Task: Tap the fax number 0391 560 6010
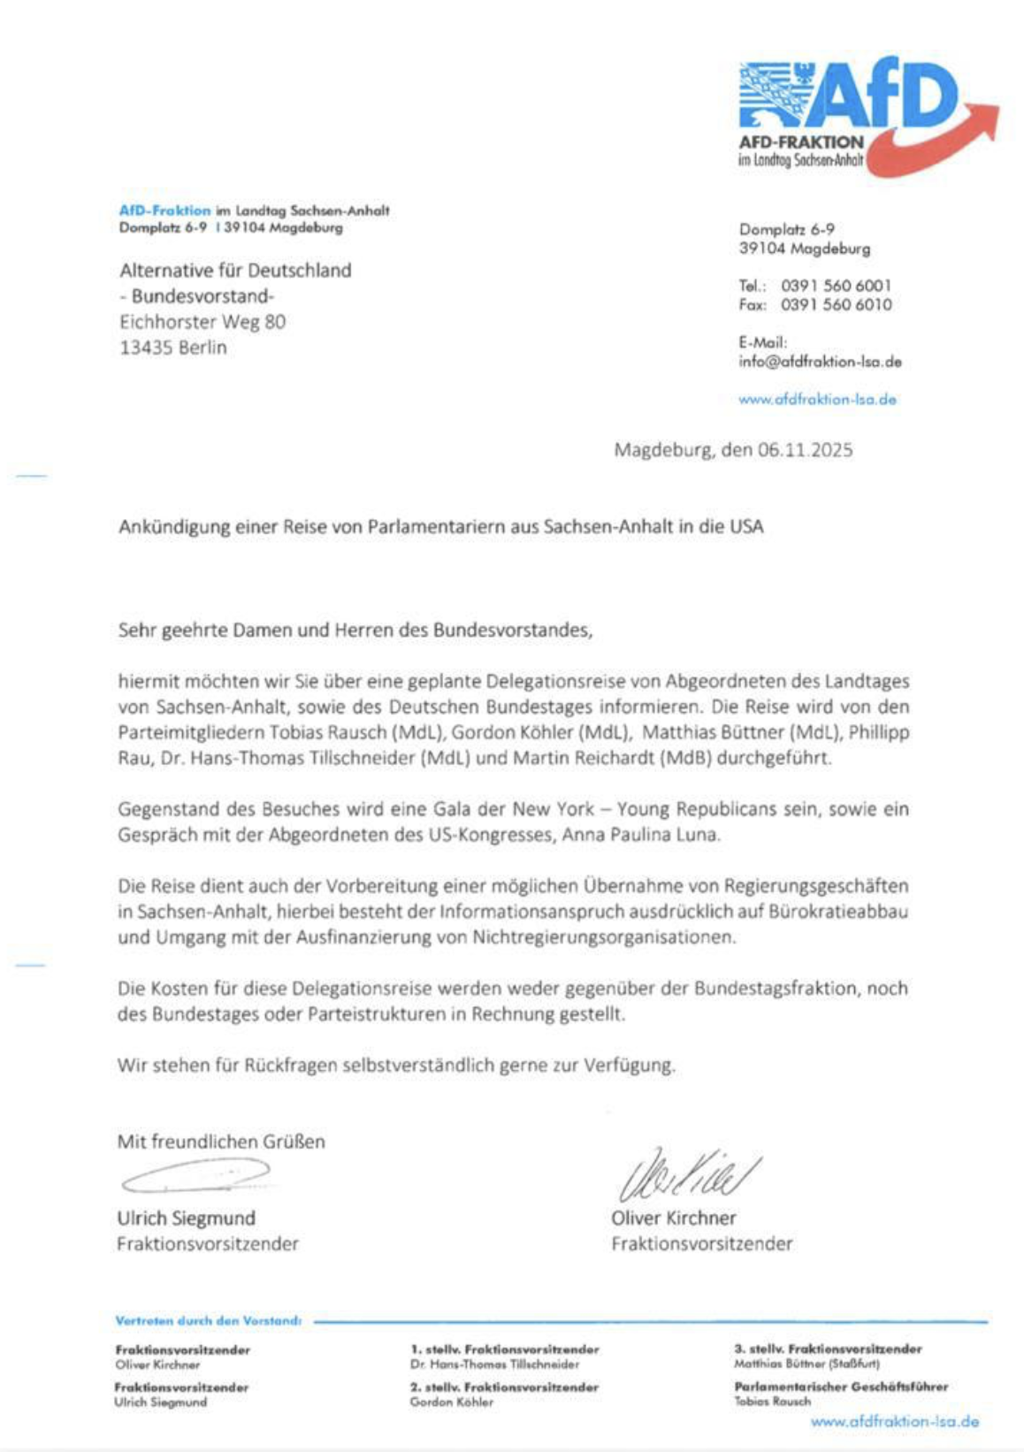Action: point(836,305)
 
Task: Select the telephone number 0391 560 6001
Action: point(836,286)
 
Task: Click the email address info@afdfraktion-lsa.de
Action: point(820,362)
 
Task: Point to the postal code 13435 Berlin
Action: point(173,348)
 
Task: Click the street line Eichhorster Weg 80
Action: point(203,322)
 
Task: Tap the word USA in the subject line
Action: point(746,527)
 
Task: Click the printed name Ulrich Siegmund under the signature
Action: point(187,1219)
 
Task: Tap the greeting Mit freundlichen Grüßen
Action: point(221,1142)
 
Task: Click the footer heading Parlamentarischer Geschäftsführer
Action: point(840,1387)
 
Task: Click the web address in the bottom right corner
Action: point(894,1422)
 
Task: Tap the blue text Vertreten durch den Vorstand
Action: point(208,1321)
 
